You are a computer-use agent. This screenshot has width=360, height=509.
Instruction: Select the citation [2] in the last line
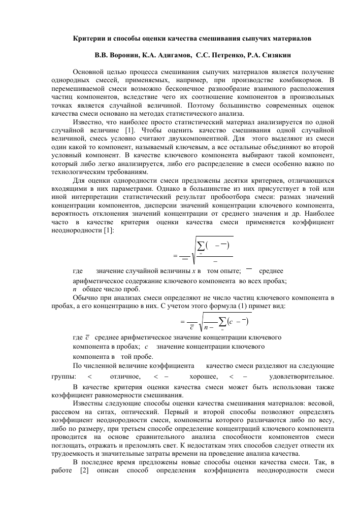pyautogui.click(x=85, y=470)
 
